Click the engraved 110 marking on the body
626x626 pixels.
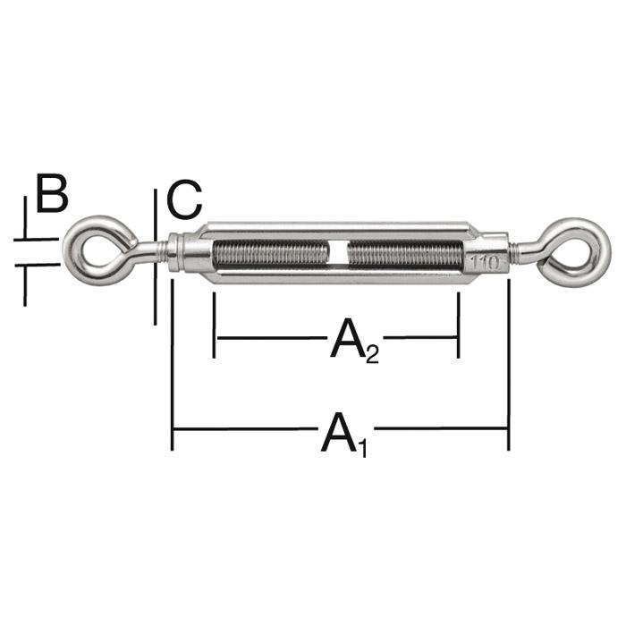click(483, 263)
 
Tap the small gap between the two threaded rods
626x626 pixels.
click(337, 253)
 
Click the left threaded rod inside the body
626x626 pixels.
click(268, 253)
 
